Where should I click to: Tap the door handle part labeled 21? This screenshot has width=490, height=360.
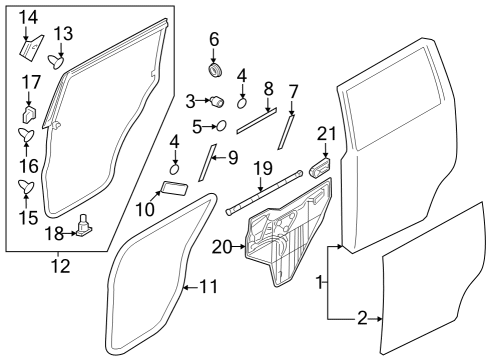(x=322, y=167)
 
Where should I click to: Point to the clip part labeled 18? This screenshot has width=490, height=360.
(x=84, y=225)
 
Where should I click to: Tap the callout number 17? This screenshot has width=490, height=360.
(x=31, y=81)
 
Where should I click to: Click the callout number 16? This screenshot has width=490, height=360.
(x=26, y=164)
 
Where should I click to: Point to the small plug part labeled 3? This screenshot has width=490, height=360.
(x=214, y=101)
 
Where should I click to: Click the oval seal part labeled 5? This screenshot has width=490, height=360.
(x=221, y=126)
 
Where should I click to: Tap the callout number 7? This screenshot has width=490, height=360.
(x=293, y=92)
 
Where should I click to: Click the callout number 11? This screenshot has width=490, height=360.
(x=207, y=287)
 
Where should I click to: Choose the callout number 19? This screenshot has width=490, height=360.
(x=262, y=167)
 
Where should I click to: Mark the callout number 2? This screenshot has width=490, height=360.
(x=362, y=319)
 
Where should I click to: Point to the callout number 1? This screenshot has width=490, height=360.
(x=320, y=283)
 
